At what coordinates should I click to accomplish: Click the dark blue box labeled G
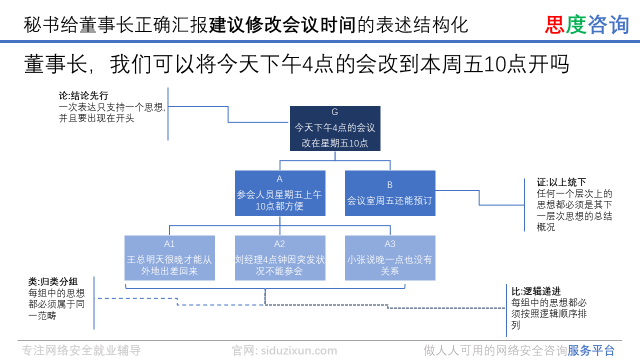335,128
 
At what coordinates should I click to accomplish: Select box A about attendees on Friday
280,193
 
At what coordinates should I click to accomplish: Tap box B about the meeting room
390,193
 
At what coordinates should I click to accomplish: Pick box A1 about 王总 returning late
169,258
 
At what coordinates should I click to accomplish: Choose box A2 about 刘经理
280,258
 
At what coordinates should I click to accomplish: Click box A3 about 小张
390,258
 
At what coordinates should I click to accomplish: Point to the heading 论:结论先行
83,96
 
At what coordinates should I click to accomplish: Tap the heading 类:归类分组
53,281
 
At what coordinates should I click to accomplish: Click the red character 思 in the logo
554,24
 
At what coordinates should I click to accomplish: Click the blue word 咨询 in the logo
608,24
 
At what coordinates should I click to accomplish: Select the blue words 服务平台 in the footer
591,350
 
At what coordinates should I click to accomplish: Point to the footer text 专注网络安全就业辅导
81,350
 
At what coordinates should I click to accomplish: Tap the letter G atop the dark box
335,112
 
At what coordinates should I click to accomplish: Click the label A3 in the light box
390,244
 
